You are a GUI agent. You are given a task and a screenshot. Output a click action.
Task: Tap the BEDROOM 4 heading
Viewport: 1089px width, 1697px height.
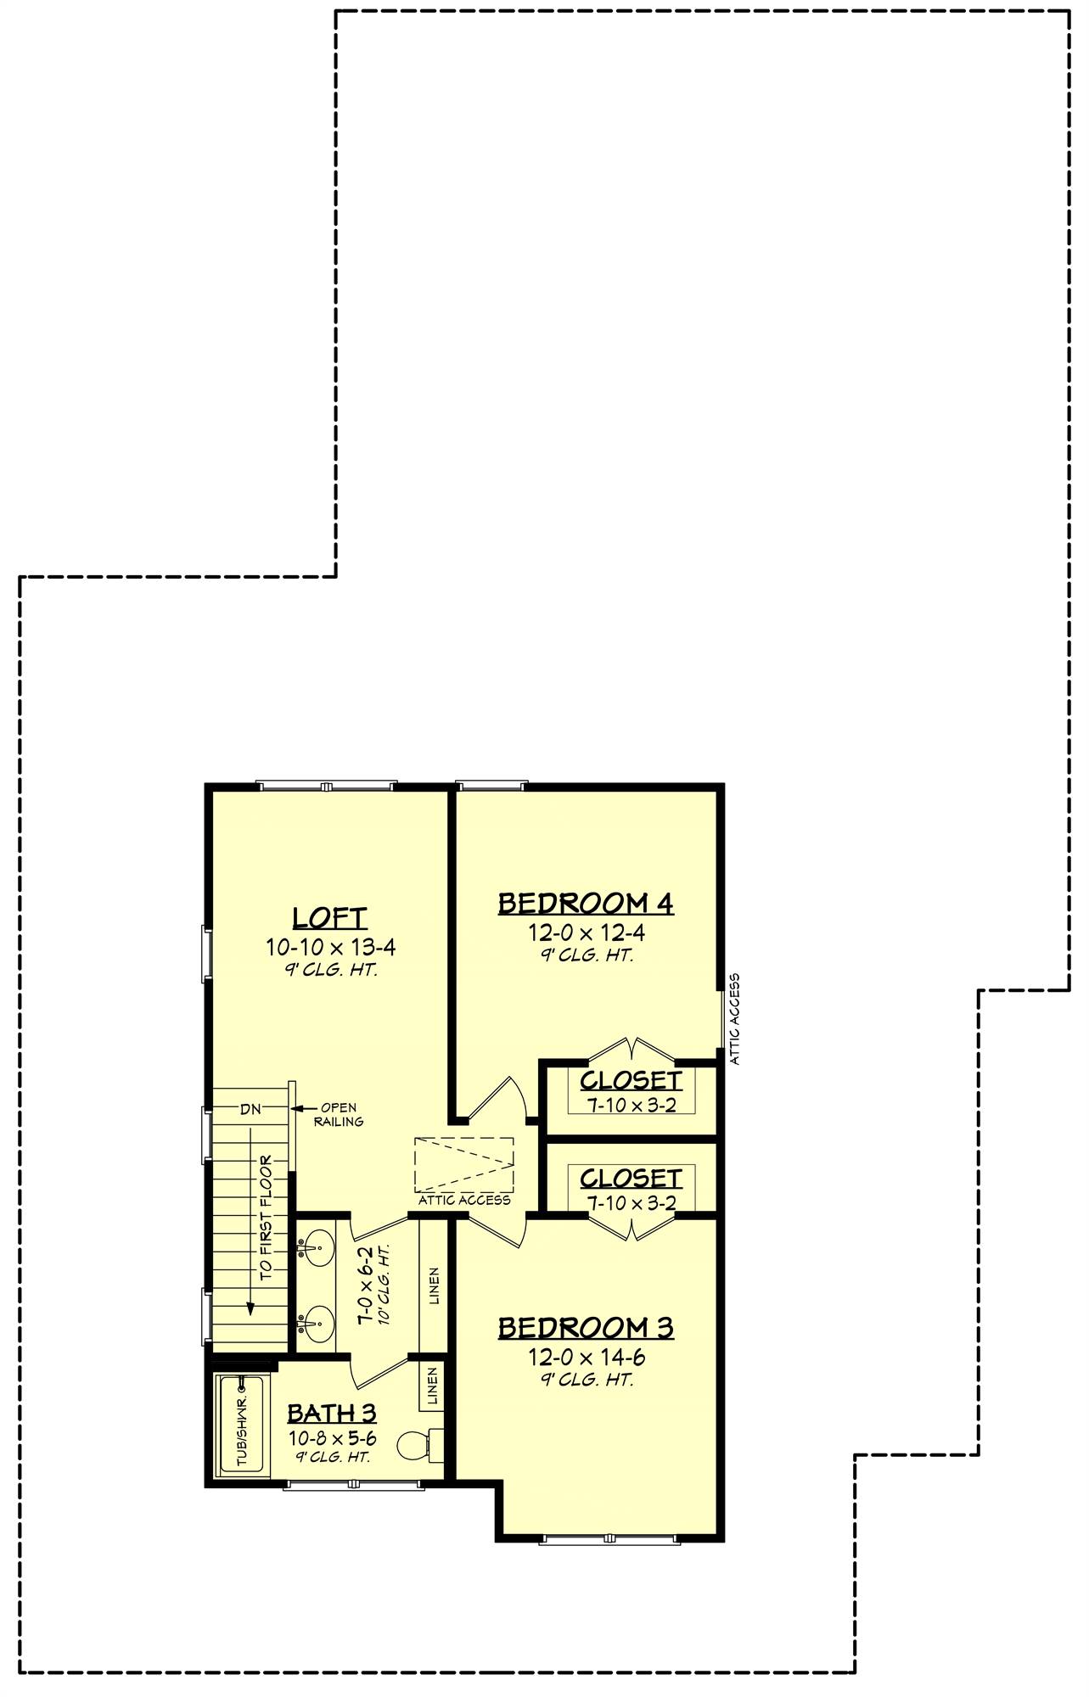click(x=586, y=903)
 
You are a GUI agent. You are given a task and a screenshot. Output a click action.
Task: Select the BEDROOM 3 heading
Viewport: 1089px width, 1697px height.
click(x=586, y=1327)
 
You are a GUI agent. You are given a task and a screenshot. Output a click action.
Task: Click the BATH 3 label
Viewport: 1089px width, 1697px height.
click(x=331, y=1413)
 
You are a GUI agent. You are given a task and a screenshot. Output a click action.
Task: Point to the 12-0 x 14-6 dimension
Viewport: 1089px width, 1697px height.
click(x=586, y=1358)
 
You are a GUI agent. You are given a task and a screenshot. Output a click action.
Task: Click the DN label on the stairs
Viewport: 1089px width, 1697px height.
click(x=250, y=1109)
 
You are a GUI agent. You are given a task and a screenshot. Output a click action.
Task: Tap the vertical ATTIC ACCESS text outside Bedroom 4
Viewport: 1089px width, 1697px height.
click(x=735, y=1018)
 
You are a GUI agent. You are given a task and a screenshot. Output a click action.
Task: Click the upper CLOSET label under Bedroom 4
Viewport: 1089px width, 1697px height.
click(x=631, y=1081)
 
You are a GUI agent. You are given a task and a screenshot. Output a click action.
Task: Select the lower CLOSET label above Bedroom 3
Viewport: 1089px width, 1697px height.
click(x=631, y=1179)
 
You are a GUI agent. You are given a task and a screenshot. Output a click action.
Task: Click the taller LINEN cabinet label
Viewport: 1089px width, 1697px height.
click(x=434, y=1285)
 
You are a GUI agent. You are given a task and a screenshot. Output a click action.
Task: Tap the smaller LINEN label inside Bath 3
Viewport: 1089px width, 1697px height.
click(x=432, y=1386)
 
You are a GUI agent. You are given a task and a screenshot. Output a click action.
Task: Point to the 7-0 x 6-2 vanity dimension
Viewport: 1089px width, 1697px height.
click(x=366, y=1285)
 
